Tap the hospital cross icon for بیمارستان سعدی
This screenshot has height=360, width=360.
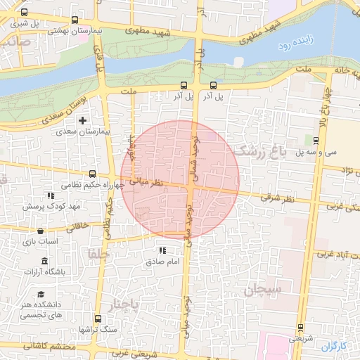point(83,121)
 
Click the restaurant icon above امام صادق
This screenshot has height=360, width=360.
point(162,250)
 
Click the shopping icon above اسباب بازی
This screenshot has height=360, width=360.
point(40,231)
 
